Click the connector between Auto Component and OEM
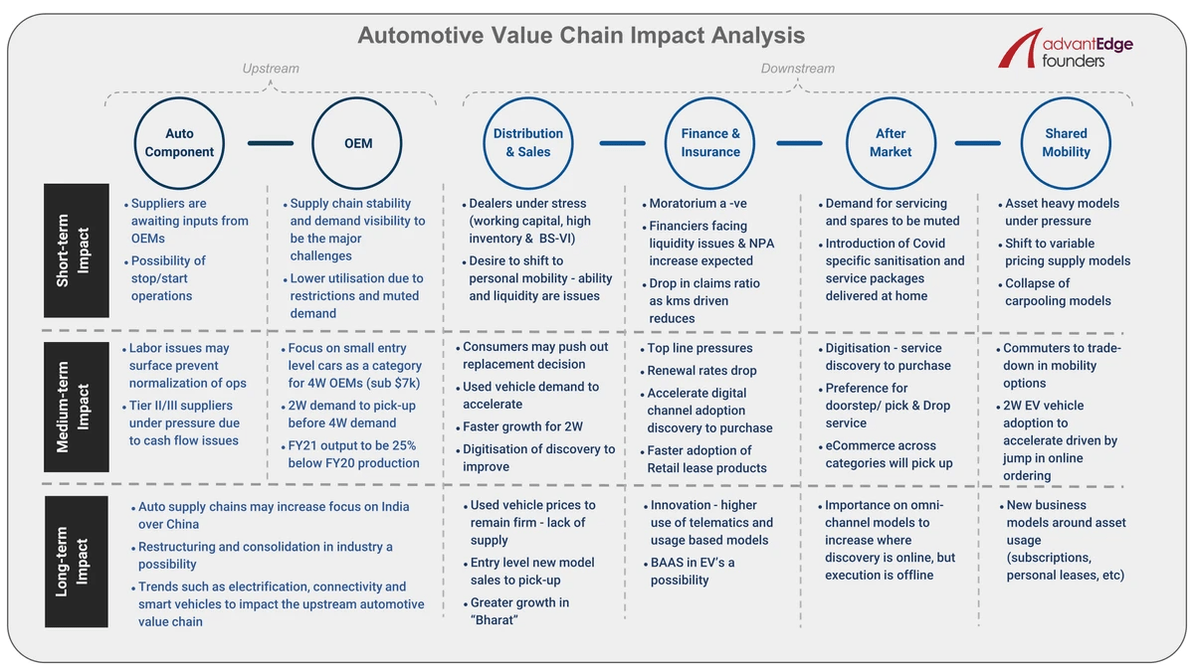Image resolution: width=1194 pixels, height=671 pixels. point(271,143)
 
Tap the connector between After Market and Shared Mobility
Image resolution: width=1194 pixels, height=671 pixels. point(977,143)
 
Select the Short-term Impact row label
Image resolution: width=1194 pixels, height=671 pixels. point(77,251)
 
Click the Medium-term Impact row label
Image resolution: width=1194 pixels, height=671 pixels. point(77,407)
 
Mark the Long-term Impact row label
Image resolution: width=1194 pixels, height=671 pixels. point(77,562)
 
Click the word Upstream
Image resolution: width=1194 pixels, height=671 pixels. point(271,69)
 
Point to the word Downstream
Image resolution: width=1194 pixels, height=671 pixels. point(797,69)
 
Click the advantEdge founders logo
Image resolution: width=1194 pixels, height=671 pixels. point(1065,49)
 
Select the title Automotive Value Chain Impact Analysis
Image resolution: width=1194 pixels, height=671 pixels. point(581,35)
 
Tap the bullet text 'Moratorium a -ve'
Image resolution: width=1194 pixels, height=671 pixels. point(697,204)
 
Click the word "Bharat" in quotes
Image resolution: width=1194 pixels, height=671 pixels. point(494,620)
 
